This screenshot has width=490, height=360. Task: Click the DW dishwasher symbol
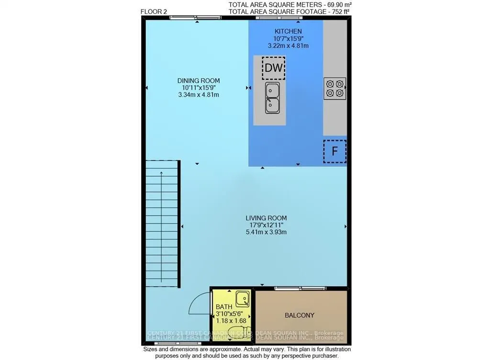tap(274, 67)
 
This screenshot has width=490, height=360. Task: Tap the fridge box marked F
tap(334, 151)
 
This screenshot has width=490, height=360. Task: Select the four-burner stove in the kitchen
tap(334, 88)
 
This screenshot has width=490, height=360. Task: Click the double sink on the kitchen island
tap(273, 97)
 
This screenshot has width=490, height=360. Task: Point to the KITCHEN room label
tap(288, 31)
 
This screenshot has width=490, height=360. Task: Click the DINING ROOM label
tap(198, 80)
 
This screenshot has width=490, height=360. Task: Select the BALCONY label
tap(300, 315)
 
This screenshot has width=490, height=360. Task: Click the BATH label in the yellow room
tap(223, 306)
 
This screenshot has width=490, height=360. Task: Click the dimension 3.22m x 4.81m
tap(288, 46)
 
